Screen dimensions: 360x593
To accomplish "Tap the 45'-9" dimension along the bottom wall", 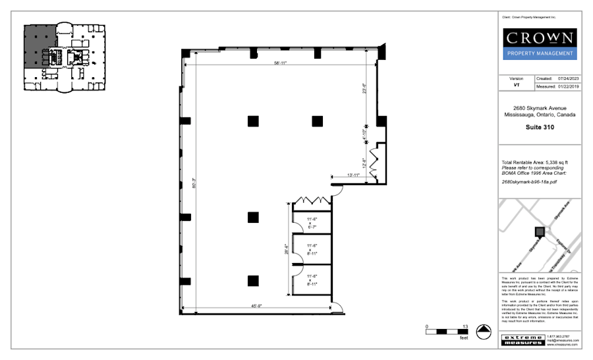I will pos(257,305).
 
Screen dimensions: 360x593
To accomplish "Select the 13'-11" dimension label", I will pos(354,175).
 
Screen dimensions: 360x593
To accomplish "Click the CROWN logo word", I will pos(540,38).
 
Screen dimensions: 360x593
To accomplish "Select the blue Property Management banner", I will pos(540,53).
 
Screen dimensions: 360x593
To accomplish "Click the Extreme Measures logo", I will pos(522,340).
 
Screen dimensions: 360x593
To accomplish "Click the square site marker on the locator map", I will pos(540,231).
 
